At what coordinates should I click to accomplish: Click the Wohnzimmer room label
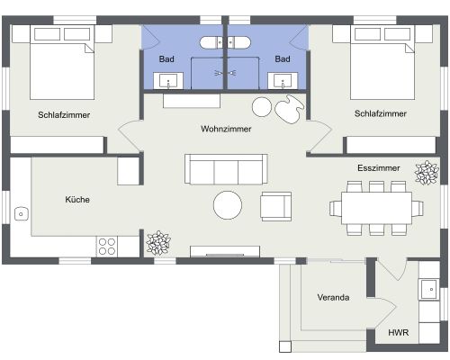pos(226,129)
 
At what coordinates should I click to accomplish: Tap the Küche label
pos(77,200)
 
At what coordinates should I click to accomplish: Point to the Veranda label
pos(333,297)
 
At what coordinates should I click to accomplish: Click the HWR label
pos(398,332)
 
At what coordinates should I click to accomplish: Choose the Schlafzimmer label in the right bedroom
pos(380,114)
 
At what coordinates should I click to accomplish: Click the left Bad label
pos(166,59)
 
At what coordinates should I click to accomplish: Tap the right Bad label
pos(283,59)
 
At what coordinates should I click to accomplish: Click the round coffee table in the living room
pos(228,205)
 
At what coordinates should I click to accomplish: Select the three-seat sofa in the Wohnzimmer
pos(226,168)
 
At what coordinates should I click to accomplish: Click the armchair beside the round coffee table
pos(275,206)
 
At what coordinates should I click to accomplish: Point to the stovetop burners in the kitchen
pos(107,244)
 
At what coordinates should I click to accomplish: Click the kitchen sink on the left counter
pos(21,214)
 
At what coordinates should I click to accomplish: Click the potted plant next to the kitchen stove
pos(158,241)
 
